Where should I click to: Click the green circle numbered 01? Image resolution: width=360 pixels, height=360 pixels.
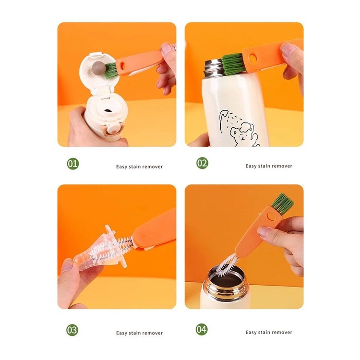(x=73, y=164)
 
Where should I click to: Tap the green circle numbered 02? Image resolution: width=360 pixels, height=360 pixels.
(x=202, y=163)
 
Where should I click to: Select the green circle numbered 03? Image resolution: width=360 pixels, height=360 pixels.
(x=72, y=330)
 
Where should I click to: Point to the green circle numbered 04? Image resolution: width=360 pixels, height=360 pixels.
(x=202, y=329)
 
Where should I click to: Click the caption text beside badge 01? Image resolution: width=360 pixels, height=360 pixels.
(x=139, y=167)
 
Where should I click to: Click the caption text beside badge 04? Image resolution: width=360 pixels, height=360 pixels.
(x=269, y=332)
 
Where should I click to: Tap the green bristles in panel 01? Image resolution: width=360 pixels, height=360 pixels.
(x=111, y=71)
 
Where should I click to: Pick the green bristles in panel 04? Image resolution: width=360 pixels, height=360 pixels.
(x=282, y=204)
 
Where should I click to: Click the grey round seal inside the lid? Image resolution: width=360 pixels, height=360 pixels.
(x=98, y=69)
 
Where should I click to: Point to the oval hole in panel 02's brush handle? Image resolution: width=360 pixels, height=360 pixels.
(x=253, y=59)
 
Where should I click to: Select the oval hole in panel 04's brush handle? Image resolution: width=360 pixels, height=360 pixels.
(x=271, y=216)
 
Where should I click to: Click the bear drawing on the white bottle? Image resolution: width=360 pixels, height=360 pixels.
(x=244, y=135)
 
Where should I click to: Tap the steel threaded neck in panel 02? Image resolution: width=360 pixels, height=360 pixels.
(x=214, y=69)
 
